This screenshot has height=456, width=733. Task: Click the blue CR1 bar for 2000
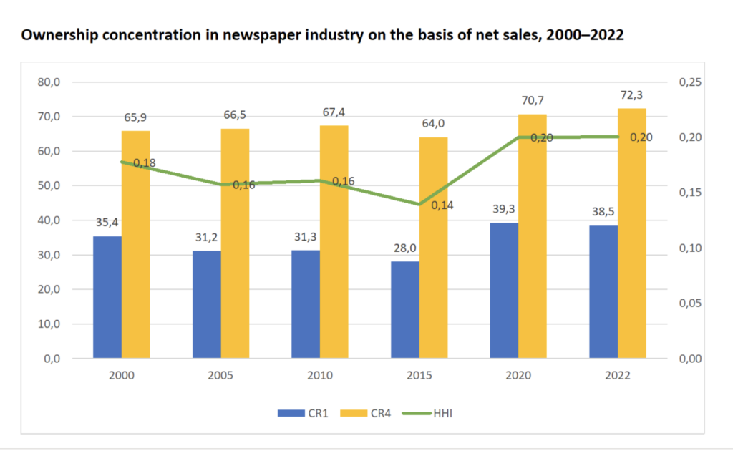(107, 297)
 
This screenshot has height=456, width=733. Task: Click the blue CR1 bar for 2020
(505, 290)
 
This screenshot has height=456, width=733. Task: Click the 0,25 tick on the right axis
(688, 82)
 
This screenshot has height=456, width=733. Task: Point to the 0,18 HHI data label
(145, 163)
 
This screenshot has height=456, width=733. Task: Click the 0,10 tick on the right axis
(688, 248)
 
